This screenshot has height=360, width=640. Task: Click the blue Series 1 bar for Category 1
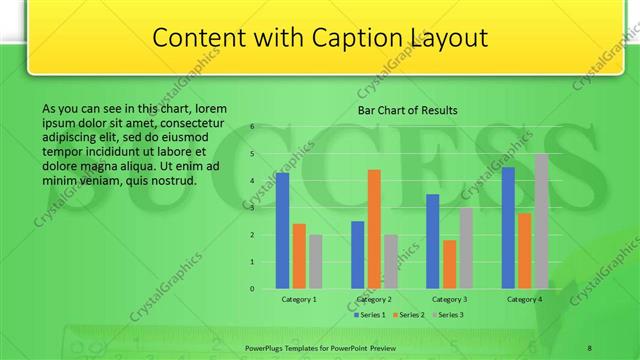(282, 230)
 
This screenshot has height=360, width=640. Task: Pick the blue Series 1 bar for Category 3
(433, 241)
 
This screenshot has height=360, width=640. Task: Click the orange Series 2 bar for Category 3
(449, 264)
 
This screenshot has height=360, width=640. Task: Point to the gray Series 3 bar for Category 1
(315, 261)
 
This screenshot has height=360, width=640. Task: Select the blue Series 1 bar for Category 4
(508, 227)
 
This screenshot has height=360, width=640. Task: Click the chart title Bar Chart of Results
(408, 110)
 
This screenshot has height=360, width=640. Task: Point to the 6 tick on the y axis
(252, 127)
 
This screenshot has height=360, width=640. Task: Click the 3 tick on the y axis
(252, 208)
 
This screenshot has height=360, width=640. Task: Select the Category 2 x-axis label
(374, 299)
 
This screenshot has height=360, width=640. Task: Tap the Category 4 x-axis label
(524, 299)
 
